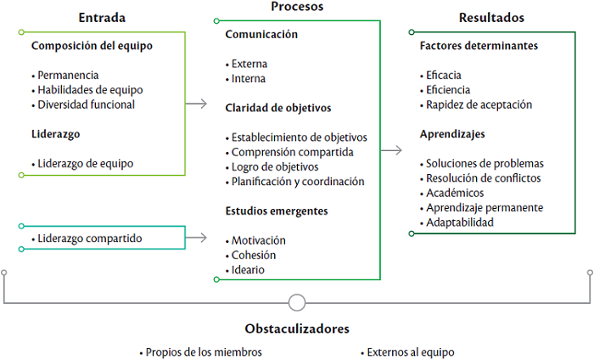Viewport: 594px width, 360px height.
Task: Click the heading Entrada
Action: click(103, 17)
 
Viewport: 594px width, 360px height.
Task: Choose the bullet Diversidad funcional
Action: click(86, 104)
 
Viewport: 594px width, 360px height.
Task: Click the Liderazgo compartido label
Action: click(89, 238)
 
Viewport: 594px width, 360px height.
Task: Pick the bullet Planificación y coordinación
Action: click(297, 181)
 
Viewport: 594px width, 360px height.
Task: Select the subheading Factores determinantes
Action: click(479, 46)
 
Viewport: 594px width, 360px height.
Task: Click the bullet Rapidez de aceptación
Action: click(479, 104)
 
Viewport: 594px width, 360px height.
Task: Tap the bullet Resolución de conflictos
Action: click(484, 178)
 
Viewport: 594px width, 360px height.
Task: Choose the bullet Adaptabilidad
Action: click(463, 222)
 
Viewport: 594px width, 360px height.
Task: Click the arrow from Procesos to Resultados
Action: click(391, 150)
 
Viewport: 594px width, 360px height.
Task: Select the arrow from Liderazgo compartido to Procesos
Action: click(197, 239)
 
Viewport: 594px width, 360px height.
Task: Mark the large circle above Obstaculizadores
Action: click(297, 301)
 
